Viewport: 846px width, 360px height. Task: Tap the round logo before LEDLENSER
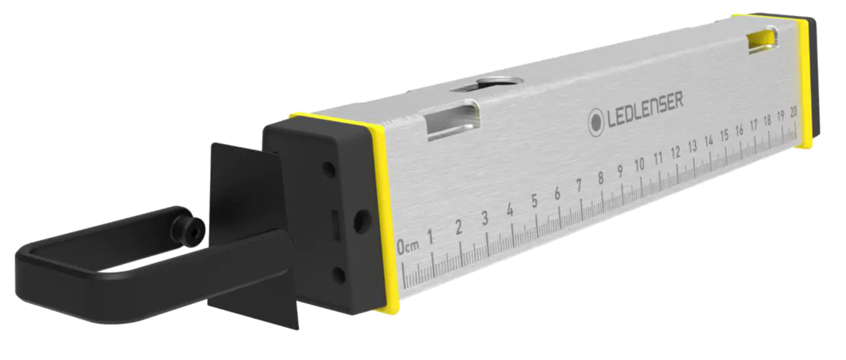[597, 122]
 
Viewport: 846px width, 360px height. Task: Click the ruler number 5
[534, 202]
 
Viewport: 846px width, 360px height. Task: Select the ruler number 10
[640, 164]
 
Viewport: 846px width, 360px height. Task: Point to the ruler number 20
[793, 111]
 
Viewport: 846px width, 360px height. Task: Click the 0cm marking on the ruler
[407, 247]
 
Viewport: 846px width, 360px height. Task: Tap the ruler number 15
[724, 135]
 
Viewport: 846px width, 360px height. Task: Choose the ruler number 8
[600, 178]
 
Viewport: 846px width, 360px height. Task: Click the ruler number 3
[485, 219]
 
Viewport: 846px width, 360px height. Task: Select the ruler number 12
[676, 151]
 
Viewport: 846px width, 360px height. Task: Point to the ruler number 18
[767, 120]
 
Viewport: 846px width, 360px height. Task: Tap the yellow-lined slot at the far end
[763, 40]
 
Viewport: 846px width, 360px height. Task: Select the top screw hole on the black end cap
[329, 170]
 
